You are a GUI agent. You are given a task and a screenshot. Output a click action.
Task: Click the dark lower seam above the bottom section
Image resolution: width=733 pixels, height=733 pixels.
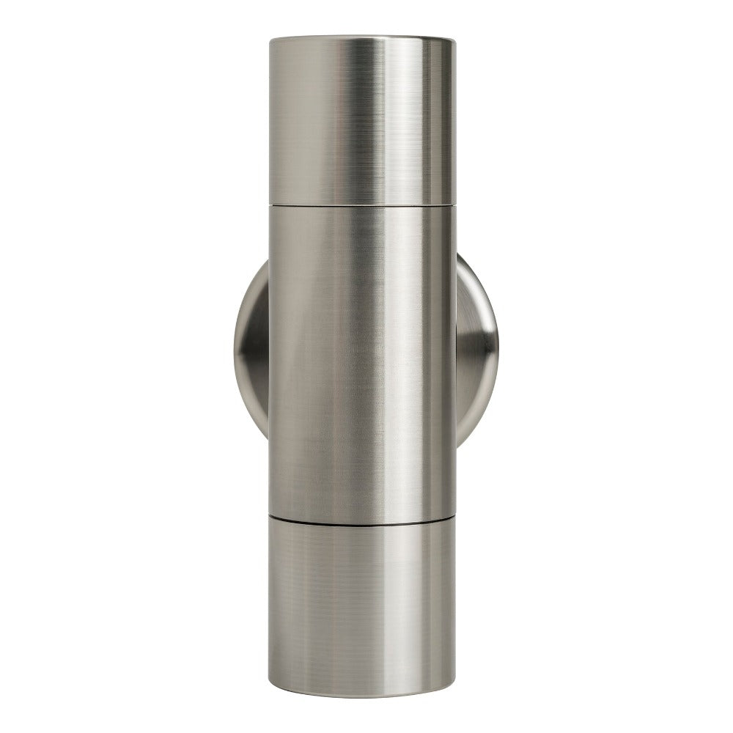364,518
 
